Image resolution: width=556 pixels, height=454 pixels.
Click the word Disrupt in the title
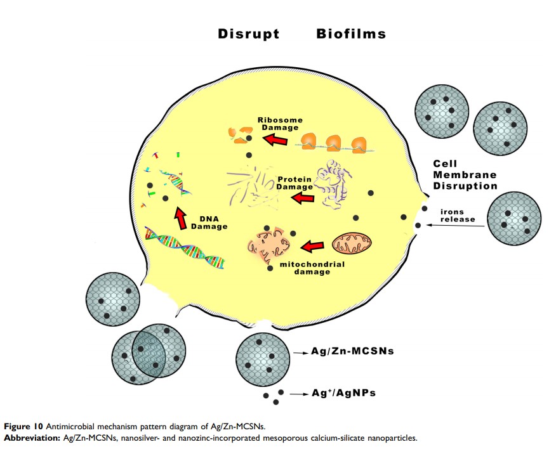pyautogui.click(x=249, y=34)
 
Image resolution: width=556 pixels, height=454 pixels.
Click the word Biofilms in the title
pyautogui.click(x=351, y=34)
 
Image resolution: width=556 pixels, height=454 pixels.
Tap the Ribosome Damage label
pyautogui.click(x=280, y=123)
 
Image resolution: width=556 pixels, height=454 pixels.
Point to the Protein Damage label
pyautogui.click(x=295, y=183)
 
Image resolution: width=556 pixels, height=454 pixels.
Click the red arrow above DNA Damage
pyautogui.click(x=181, y=217)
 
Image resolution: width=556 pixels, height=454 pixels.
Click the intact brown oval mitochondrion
pyautogui.click(x=352, y=242)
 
